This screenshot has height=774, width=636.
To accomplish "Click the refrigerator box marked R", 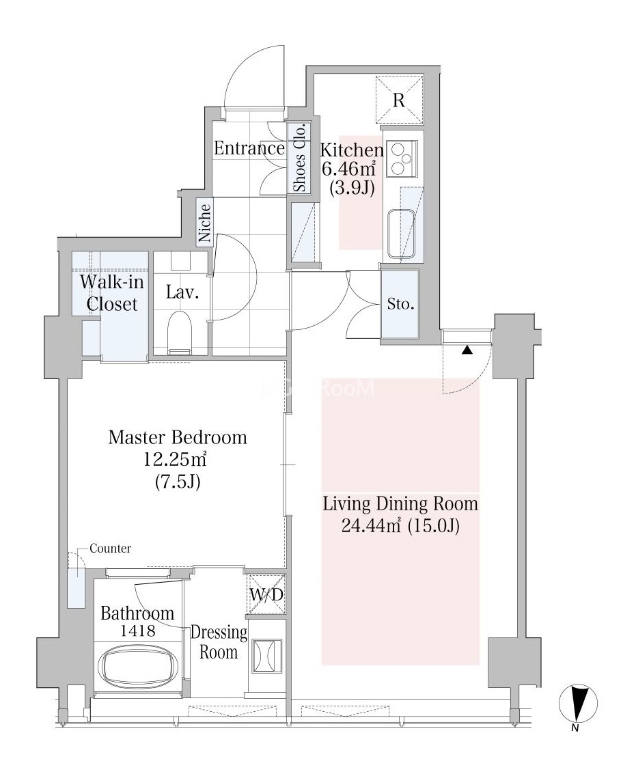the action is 400,99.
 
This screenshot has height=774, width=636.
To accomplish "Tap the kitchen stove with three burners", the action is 402,159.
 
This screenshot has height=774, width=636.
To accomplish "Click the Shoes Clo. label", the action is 300,158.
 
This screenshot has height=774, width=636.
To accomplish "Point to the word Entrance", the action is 249,148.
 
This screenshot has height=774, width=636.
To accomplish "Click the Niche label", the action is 204,223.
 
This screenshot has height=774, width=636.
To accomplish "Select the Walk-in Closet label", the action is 111,292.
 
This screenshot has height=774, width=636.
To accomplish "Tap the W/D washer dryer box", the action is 266,594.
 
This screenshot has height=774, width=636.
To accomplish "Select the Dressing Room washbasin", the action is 266,656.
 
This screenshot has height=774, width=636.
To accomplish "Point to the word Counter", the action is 111,549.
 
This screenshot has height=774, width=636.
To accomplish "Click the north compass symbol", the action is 578,704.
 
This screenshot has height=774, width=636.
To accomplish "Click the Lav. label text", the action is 182,292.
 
